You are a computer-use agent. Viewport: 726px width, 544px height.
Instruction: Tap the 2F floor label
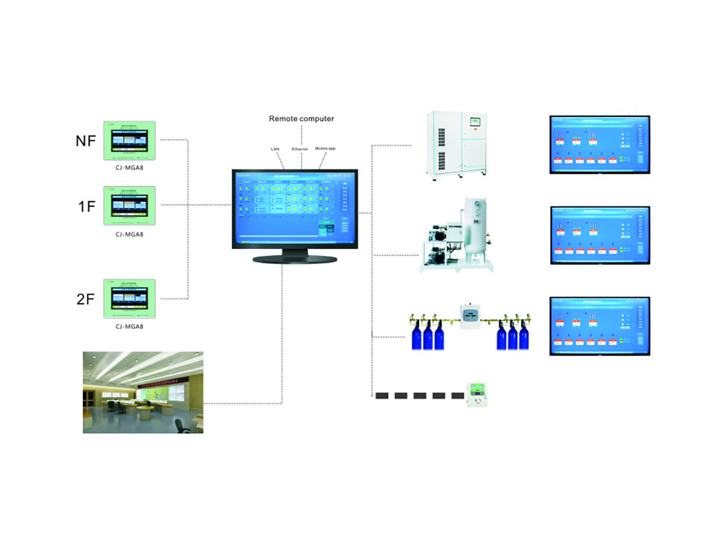[x=85, y=298]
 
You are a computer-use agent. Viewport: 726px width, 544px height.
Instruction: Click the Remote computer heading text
[x=301, y=119]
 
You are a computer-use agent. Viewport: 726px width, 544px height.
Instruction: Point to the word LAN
[x=275, y=148]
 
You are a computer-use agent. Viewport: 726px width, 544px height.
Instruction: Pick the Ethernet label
[x=299, y=148]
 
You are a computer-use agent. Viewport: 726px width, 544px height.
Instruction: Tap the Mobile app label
[x=325, y=148]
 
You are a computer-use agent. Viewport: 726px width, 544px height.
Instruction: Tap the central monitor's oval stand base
[x=295, y=259]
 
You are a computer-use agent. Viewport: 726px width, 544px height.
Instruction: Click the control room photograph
[x=143, y=392]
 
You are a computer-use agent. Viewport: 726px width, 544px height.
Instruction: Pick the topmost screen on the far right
[x=600, y=144]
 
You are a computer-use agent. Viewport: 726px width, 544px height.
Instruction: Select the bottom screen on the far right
[x=600, y=326]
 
